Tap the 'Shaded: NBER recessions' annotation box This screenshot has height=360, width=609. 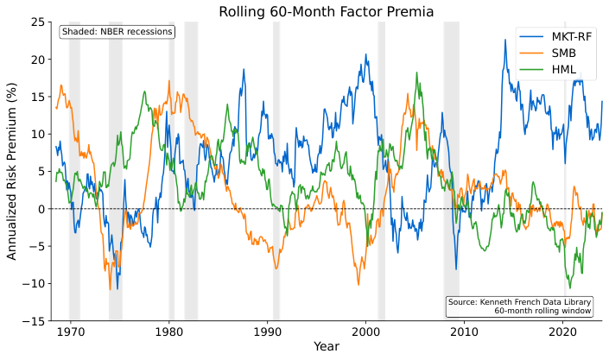(x=117, y=32)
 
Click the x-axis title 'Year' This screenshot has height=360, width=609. (x=327, y=347)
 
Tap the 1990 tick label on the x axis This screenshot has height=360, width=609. (x=267, y=332)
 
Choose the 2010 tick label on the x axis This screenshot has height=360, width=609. (x=465, y=332)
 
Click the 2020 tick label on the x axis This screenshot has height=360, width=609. (x=563, y=332)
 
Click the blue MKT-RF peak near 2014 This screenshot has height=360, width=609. (x=505, y=40)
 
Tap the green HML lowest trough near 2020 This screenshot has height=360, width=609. (x=569, y=287)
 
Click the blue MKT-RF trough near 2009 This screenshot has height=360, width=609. (x=456, y=269)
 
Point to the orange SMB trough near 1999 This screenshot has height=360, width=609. (x=358, y=285)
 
